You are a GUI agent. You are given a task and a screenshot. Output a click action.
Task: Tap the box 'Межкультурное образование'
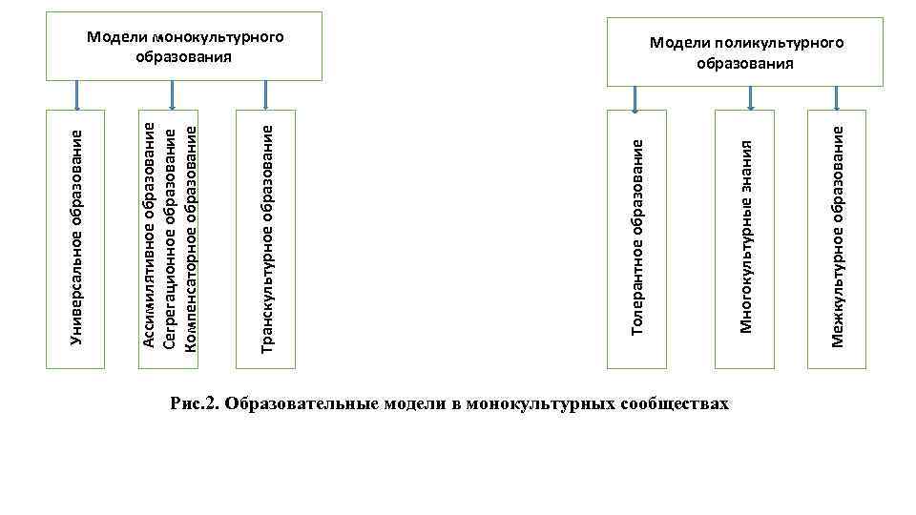[x=837, y=237]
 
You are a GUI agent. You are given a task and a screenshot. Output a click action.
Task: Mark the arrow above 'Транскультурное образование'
[x=266, y=94]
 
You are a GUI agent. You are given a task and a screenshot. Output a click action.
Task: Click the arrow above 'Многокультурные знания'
[x=750, y=98]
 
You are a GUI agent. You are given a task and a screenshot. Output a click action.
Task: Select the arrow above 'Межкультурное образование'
[x=837, y=98]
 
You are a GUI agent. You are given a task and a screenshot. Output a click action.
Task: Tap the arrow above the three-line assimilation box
[x=172, y=94]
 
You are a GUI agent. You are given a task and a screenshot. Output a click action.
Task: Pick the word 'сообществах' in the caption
[x=675, y=403]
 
